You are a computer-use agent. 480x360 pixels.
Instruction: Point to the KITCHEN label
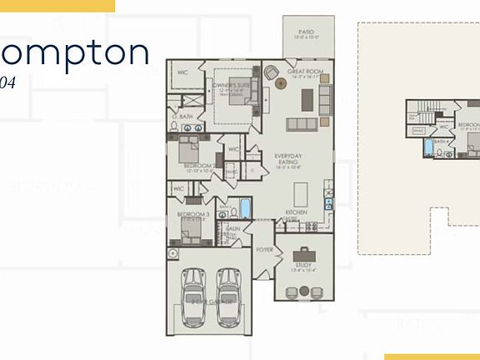(x=297, y=212)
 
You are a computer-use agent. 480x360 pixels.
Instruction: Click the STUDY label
(x=303, y=265)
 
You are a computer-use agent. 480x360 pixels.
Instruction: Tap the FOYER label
(x=265, y=248)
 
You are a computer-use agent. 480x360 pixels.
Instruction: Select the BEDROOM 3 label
(x=193, y=214)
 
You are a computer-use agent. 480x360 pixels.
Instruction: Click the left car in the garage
(x=195, y=298)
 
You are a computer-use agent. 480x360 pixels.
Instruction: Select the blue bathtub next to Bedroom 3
(x=245, y=207)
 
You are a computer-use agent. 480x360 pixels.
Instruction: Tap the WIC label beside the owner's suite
(x=182, y=72)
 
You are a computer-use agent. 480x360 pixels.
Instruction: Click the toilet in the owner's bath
(x=173, y=126)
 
